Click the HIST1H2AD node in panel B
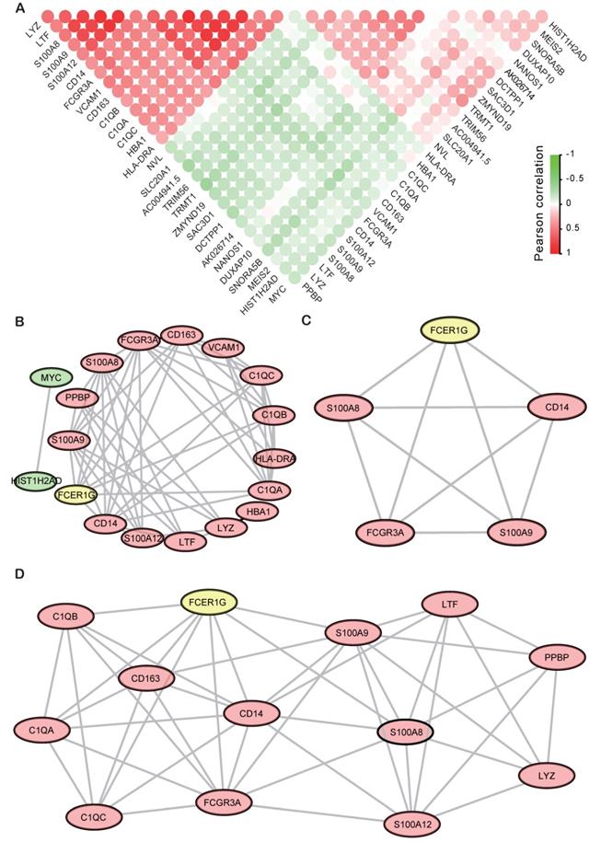click(x=39, y=482)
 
